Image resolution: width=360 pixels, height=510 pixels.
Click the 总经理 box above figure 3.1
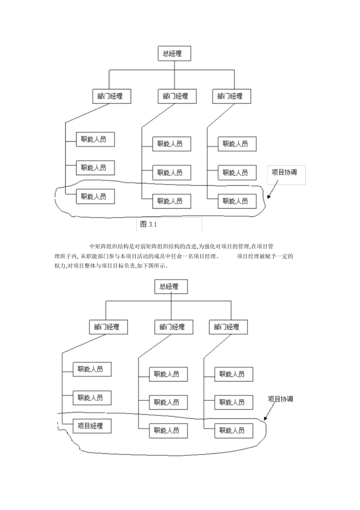click(174, 53)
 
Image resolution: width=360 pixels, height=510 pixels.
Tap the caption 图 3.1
click(149, 224)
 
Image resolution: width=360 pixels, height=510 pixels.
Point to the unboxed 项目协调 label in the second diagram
click(280, 399)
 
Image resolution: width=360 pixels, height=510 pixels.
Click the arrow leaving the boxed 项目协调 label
click(273, 189)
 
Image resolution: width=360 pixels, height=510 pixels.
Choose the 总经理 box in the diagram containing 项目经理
click(171, 286)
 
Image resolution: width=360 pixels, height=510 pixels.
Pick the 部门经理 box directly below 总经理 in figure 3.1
click(177, 96)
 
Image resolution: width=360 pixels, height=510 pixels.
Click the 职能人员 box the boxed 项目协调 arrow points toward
click(237, 201)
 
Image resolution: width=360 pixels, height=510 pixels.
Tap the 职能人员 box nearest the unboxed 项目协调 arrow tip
click(234, 430)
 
